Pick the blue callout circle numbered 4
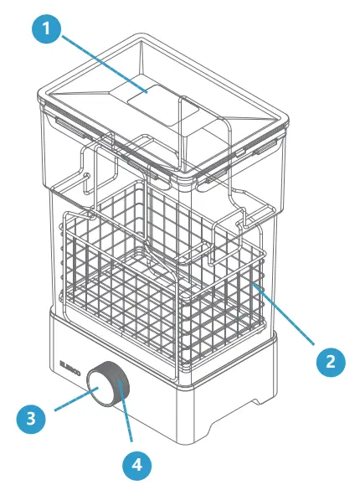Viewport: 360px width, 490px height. [x=136, y=462]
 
